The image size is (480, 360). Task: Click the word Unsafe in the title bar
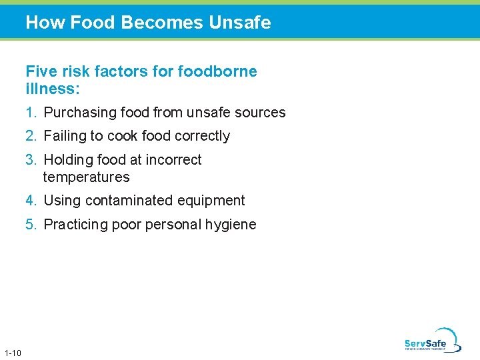click(239, 23)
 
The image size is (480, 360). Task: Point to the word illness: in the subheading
click(53, 89)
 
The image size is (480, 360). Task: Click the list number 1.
click(31, 113)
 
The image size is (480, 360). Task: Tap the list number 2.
click(31, 136)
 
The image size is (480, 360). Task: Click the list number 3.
click(31, 160)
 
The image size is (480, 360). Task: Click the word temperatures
click(86, 177)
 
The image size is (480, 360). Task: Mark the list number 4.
click(31, 201)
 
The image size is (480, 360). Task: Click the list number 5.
click(31, 225)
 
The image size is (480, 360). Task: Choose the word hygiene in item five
click(231, 225)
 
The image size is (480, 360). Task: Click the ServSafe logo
click(432, 341)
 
